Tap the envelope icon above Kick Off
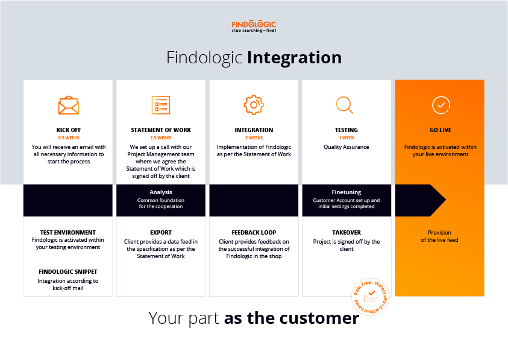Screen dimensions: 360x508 point(68,106)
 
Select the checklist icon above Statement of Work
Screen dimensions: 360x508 point(160,105)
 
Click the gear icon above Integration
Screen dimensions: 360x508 point(254,105)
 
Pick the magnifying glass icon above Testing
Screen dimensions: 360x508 point(345,105)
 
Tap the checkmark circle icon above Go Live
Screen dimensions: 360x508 point(441,105)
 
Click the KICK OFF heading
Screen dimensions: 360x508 point(68,130)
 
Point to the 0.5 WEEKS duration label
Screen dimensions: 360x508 point(68,138)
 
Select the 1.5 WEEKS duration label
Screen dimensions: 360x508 point(160,138)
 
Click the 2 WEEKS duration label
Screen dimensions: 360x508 point(254,138)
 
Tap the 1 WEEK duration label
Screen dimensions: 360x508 point(347,138)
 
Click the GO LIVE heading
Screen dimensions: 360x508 point(439,130)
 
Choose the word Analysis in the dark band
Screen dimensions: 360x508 point(160,192)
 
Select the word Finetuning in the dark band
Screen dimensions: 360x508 point(347,192)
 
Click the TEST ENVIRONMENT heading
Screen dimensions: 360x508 point(68,232)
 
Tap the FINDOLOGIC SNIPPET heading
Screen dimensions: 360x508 point(68,272)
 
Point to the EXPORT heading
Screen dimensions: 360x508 point(160,232)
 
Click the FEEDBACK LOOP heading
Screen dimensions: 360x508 point(254,232)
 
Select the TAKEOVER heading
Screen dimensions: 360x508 point(347,232)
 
